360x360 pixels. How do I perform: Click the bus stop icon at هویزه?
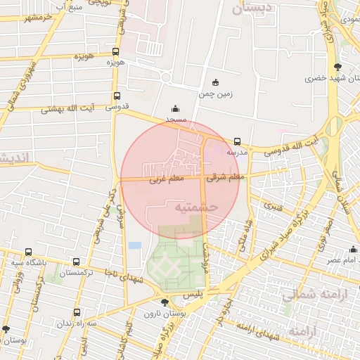[x=116, y=51]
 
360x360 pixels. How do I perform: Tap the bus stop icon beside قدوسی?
[x=117, y=97]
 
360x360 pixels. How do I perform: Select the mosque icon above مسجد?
[x=175, y=109]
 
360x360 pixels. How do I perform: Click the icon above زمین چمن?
[x=215, y=82]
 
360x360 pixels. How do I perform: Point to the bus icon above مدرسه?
[x=237, y=141]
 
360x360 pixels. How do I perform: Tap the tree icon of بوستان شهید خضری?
[x=338, y=67]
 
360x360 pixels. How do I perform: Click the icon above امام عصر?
[x=353, y=249]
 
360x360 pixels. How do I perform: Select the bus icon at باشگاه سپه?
[x=28, y=252]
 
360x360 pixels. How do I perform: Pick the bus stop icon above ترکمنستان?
[x=76, y=262]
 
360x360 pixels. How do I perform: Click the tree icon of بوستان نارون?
[x=165, y=302]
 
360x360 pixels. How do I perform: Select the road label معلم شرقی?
[x=225, y=177]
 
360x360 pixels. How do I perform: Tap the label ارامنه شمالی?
[x=308, y=295]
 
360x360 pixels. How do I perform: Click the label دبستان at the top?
[x=251, y=8]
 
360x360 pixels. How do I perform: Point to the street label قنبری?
[x=273, y=207]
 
